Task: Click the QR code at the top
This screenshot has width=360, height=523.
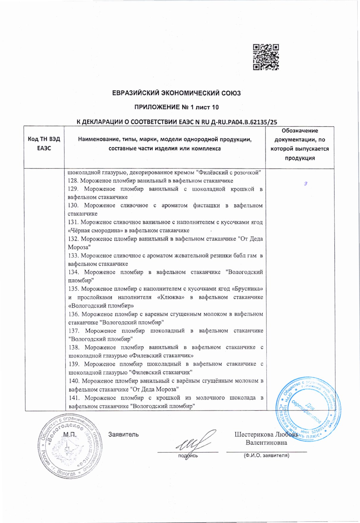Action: (x=266, y=57)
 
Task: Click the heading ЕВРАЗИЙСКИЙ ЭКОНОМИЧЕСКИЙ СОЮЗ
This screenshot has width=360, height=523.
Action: (x=176, y=93)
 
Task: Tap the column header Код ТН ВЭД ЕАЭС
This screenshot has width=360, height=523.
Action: (x=44, y=144)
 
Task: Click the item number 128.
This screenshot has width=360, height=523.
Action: (x=73, y=181)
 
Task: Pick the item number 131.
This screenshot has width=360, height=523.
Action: (x=73, y=222)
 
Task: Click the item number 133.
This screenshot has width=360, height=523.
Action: (x=73, y=256)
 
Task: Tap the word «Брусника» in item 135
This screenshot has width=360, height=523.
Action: (x=247, y=289)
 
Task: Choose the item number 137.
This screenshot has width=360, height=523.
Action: (x=74, y=331)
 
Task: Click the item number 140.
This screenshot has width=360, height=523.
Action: (x=74, y=381)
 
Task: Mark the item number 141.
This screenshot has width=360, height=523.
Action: (x=74, y=398)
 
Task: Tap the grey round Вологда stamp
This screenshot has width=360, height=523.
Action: (x=70, y=445)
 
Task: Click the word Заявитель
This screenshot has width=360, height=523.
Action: (x=123, y=434)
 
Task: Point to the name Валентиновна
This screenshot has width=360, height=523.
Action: (x=266, y=443)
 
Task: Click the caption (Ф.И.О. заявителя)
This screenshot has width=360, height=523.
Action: (x=266, y=455)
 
